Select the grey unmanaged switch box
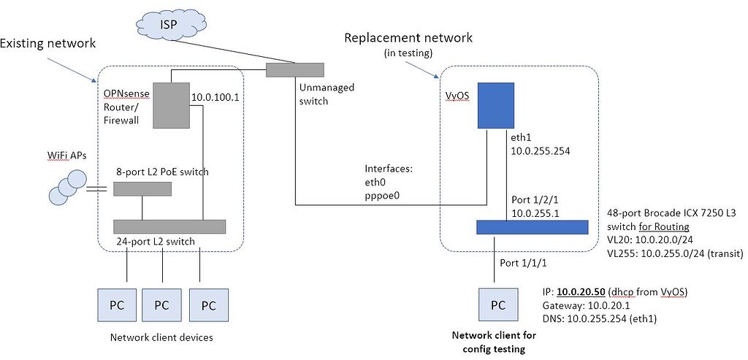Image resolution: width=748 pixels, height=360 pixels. coord(294,70)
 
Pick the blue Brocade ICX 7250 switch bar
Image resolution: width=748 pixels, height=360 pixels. coord(532,227)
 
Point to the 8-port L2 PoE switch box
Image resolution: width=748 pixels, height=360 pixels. coord(142,189)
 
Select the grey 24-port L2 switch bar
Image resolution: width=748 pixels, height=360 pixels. coord(169,226)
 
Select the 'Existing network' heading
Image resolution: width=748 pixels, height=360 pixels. coord(48,44)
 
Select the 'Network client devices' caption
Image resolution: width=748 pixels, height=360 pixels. coord(161,337)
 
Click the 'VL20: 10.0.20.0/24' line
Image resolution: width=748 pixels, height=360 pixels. coord(649,240)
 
